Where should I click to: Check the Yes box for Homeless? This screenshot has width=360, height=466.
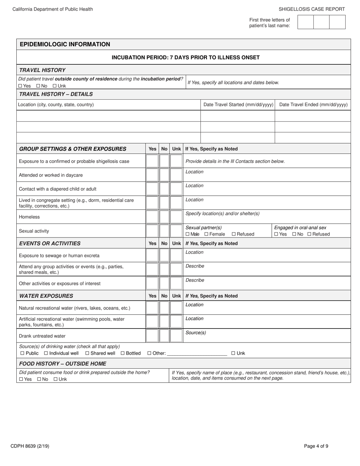click(152, 217)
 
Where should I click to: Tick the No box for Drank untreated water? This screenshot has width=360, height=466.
click(164, 336)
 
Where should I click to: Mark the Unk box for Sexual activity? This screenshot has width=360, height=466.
click(176, 231)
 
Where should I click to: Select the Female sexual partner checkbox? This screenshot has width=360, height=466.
click(207, 234)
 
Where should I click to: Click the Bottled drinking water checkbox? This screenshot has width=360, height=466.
click(123, 353)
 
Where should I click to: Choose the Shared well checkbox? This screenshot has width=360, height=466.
click(88, 353)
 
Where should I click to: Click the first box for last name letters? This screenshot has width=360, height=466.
click(305, 22)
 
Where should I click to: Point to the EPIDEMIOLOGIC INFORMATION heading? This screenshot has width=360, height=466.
click(65, 44)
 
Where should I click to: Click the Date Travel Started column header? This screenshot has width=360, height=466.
click(238, 105)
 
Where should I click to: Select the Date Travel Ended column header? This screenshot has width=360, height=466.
click(313, 105)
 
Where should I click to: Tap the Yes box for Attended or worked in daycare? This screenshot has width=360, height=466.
click(152, 175)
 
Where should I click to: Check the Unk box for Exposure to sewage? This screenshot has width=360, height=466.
click(176, 255)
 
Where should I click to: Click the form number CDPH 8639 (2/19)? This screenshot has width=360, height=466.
click(30, 446)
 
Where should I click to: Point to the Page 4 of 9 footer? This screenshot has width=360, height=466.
click(316, 446)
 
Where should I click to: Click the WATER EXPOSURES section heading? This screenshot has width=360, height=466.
click(46, 296)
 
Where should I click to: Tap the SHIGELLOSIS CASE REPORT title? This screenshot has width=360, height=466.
click(311, 9)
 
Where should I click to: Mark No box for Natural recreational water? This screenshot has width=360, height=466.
click(164, 308)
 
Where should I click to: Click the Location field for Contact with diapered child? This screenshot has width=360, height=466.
click(265, 189)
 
